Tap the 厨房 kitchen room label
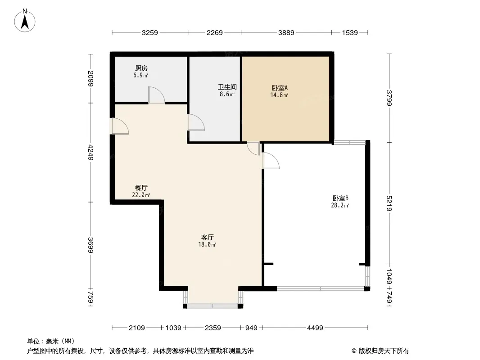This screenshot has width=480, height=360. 141,68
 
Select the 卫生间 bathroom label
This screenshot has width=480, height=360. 227,87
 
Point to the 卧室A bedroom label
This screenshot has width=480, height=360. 280,88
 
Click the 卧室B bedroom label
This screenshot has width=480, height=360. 340,198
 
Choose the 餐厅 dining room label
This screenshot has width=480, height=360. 141,188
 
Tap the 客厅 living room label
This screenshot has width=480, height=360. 207,237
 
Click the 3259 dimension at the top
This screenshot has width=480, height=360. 149,32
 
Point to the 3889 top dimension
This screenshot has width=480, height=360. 286,32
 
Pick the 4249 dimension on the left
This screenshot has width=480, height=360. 91,152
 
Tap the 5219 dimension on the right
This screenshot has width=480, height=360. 389,203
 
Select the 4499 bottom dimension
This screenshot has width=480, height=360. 315,328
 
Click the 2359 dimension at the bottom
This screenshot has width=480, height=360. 213,328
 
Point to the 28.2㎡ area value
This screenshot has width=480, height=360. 340,206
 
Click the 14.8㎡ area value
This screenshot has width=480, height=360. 279,95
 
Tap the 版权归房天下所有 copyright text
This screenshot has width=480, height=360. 384,351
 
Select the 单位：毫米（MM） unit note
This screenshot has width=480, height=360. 51,342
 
